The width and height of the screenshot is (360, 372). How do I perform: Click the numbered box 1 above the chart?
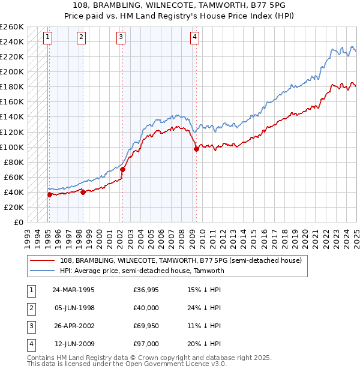point(47,37)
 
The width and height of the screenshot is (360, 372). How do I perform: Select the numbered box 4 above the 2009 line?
point(195,37)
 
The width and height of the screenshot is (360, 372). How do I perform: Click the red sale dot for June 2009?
point(196,149)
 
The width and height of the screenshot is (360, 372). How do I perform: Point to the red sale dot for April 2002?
point(122,170)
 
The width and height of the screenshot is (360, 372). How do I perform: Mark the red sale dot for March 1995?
point(49,194)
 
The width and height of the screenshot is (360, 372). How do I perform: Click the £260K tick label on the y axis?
point(12,27)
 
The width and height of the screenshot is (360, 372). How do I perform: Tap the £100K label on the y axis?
point(12,147)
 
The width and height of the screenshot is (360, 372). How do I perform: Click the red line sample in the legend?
point(42,260)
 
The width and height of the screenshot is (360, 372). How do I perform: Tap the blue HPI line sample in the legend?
point(42,271)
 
